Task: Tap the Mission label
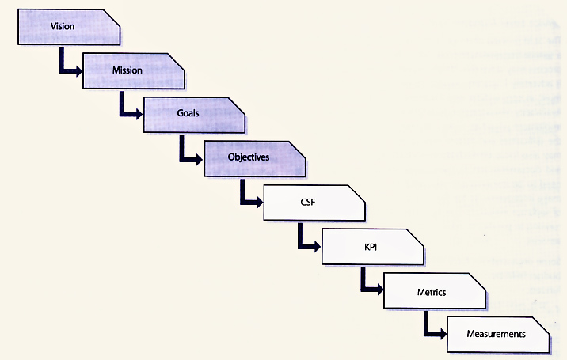(127, 70)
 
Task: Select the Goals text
(188, 113)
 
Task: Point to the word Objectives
(248, 157)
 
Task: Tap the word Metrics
(432, 292)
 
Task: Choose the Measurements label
(497, 334)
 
